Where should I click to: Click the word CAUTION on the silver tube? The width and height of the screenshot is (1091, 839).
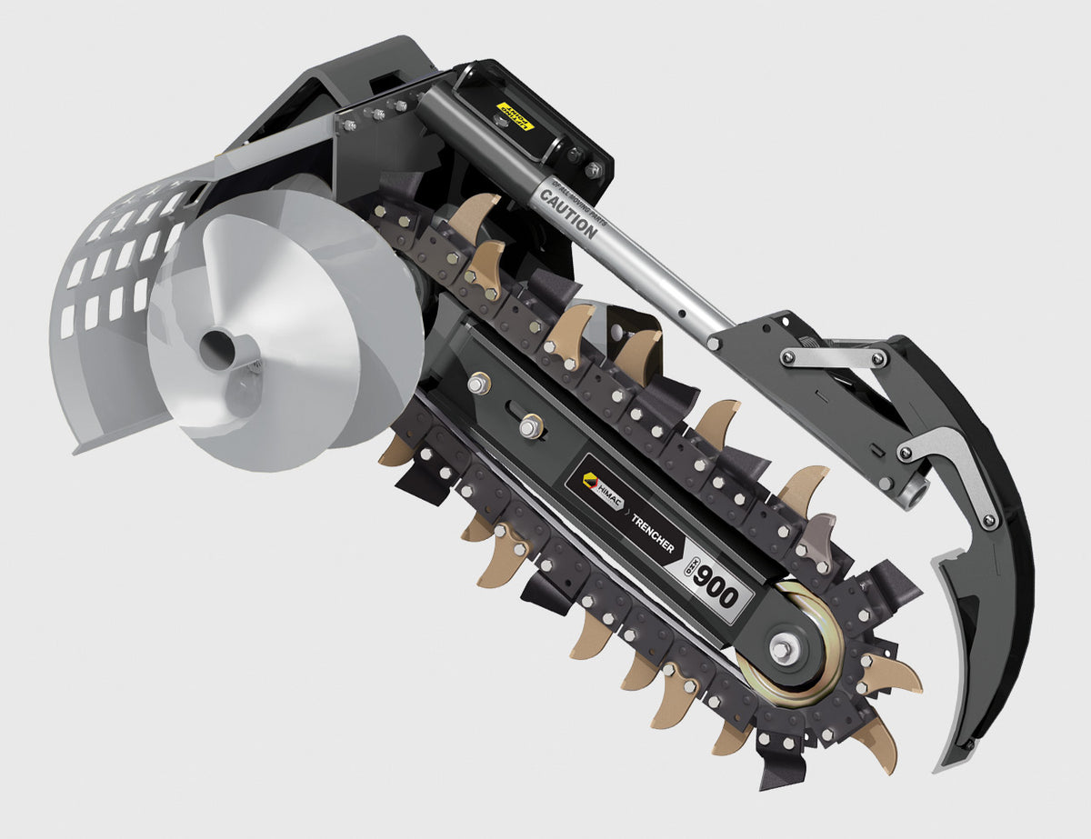coord(569,211)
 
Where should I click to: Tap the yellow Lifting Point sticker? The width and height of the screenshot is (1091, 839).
coord(515,116)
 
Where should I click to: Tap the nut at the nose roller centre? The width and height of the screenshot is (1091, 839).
coord(781,649)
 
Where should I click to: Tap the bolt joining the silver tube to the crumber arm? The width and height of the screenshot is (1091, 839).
coord(715,343)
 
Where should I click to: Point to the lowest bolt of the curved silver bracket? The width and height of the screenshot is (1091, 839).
coord(989,520)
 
